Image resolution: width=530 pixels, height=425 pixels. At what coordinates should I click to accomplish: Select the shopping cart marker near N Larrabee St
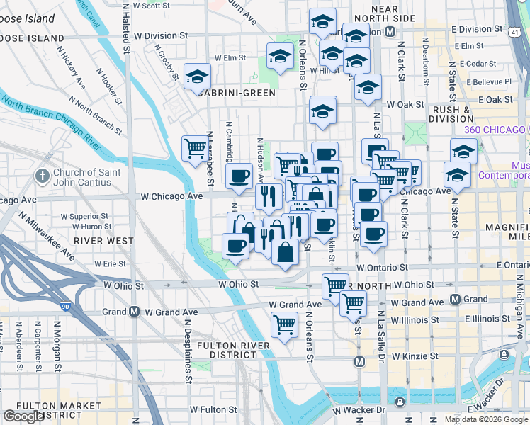(x=195, y=149)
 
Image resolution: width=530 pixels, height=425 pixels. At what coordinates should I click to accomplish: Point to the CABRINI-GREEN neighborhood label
(x=236, y=92)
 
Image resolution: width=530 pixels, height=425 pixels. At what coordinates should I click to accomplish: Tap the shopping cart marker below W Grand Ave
(x=284, y=325)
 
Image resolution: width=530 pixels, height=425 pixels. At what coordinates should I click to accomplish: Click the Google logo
(x=23, y=416)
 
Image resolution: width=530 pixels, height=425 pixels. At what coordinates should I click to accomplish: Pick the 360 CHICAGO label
(x=495, y=130)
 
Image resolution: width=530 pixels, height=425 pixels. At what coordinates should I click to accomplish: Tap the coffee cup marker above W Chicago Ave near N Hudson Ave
(x=239, y=175)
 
